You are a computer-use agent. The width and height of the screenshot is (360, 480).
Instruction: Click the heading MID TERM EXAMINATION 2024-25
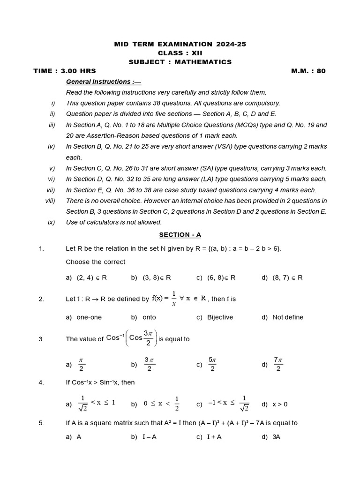point(180,44)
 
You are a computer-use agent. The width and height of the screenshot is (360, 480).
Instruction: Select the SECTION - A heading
point(180,235)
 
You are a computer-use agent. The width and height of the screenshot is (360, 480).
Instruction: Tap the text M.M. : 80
point(308,71)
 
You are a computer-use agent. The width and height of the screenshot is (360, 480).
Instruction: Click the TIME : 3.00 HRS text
point(65,71)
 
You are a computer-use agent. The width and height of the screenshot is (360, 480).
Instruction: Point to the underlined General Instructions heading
point(103,82)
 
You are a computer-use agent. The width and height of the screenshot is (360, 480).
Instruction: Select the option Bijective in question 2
point(220,317)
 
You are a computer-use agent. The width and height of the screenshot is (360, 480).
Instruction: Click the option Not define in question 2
point(287,317)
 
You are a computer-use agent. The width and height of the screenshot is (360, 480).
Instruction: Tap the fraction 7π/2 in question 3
point(278,364)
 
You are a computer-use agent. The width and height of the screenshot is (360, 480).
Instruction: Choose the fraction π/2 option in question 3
point(81,364)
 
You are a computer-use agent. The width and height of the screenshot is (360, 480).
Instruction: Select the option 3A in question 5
point(276,437)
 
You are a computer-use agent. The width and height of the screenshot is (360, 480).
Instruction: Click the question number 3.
point(41,339)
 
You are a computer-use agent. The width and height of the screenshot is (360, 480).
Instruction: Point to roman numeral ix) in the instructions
point(52,222)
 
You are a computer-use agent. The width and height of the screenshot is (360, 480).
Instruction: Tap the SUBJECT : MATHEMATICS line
point(180,62)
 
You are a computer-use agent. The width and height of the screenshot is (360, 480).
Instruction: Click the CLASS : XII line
point(180,53)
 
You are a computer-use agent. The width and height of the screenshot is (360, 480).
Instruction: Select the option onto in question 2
point(149,317)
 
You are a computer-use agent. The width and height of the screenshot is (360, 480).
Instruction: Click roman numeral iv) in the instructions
point(52,147)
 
